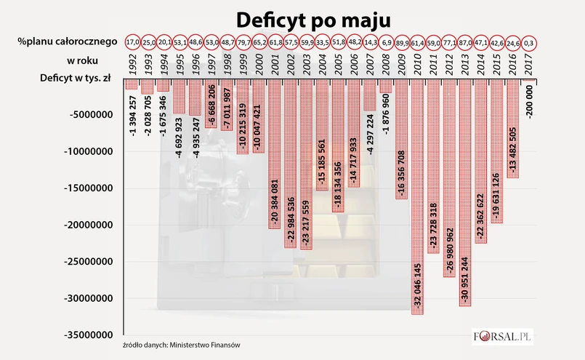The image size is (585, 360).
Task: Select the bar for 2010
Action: point(417,196)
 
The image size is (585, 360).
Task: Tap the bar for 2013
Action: point(465,193)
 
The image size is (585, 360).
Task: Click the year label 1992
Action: point(132,61)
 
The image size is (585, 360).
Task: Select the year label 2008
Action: point(386,61)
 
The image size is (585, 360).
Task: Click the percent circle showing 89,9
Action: point(401,41)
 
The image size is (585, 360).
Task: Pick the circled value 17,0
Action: point(132,41)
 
